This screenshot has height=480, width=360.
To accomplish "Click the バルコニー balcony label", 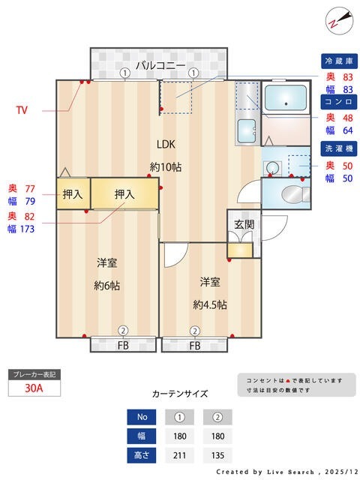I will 160,65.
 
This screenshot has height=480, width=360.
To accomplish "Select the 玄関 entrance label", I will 244,224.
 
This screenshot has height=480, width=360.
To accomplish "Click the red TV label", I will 22,110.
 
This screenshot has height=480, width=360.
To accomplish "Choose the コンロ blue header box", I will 338,101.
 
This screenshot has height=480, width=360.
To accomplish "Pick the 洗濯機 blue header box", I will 338,148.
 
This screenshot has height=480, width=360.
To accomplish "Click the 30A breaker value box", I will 33,388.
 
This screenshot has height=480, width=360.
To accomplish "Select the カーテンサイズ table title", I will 180,393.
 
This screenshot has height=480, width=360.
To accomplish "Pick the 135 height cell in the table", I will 217,454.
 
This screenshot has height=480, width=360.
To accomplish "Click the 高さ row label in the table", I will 142,454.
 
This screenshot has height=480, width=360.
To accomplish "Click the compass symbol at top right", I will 337,20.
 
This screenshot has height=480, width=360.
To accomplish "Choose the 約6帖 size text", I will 107,286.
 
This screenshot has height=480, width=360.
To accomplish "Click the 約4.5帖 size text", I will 210,304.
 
